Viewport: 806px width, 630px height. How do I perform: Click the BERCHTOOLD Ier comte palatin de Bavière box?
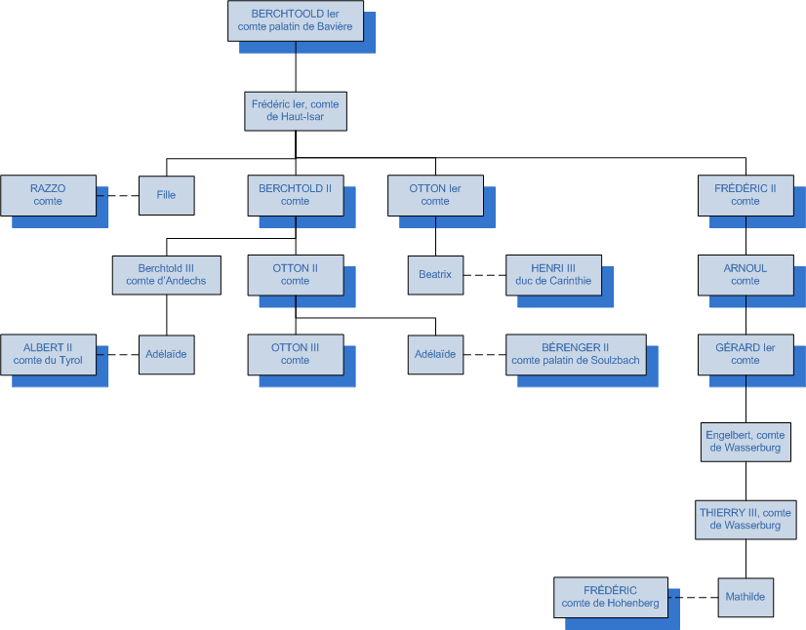[x=295, y=20]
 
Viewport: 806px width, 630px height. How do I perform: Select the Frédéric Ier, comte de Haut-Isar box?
[x=295, y=110]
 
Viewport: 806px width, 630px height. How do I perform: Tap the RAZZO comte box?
[x=48, y=195]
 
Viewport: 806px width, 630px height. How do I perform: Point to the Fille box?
[x=166, y=195]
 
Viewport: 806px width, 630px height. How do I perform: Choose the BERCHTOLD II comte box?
[x=295, y=195]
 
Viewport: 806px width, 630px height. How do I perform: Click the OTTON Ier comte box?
[x=435, y=195]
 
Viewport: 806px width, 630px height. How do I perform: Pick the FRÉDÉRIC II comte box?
[x=746, y=195]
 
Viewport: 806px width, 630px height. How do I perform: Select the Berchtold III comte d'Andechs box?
[x=166, y=275]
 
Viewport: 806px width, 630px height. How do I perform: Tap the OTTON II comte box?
[x=295, y=275]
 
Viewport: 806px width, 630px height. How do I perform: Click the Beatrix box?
[x=435, y=275]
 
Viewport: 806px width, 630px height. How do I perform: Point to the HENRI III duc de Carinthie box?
[x=553, y=275]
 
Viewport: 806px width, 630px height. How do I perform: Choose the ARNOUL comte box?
[x=746, y=275]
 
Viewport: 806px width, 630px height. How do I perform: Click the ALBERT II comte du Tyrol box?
[x=48, y=354]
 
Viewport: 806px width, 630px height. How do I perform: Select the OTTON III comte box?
[x=295, y=354]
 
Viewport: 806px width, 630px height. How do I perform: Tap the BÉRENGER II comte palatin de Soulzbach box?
[x=575, y=354]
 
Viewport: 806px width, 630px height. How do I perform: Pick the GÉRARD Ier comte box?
[x=746, y=354]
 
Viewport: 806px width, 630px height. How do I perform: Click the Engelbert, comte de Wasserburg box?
[x=746, y=442]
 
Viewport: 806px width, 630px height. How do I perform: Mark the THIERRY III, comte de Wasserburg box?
[x=746, y=519]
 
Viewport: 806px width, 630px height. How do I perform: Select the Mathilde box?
[x=746, y=597]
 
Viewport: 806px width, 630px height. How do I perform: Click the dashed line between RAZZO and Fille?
[x=117, y=195]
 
